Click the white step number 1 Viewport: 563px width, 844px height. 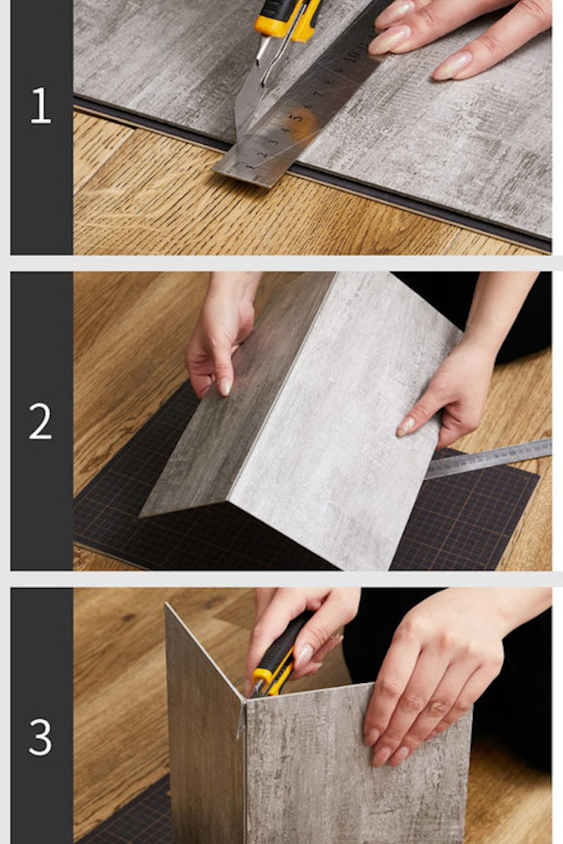(40, 105)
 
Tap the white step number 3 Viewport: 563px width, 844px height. (40, 737)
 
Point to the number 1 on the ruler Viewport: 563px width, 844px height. (249, 166)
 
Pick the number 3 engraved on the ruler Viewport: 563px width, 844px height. (274, 142)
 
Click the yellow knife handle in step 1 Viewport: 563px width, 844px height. (288, 20)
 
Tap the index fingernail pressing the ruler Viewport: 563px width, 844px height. (389, 40)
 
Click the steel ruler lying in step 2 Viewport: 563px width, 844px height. (487, 458)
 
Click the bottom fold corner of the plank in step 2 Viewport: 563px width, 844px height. (231, 501)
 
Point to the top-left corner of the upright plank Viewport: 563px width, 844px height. (166, 603)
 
